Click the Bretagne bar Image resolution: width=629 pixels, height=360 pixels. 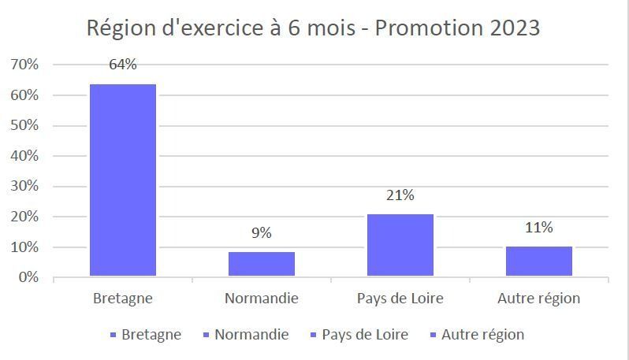point(122,180)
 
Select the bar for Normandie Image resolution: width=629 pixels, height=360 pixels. point(261,264)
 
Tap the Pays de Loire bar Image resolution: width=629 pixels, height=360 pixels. point(400,245)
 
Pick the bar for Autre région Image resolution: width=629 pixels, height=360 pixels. point(538,261)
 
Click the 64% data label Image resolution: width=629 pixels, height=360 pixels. point(122,65)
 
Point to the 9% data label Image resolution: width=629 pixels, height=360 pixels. point(261,233)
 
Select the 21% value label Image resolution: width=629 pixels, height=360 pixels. point(400,195)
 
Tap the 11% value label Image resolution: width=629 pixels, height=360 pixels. point(538,228)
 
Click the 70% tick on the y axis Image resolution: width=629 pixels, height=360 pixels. point(24,65)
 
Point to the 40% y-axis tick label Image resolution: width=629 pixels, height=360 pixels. point(24,156)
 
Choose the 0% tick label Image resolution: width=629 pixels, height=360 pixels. point(28,277)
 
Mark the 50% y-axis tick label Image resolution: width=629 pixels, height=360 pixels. point(24,126)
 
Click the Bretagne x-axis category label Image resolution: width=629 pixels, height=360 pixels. point(122,299)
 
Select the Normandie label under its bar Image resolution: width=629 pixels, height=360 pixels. point(261,299)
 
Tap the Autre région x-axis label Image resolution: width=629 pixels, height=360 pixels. point(538,299)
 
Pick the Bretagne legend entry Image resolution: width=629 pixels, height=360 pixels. point(151,335)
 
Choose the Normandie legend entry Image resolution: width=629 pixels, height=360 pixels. point(251,335)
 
